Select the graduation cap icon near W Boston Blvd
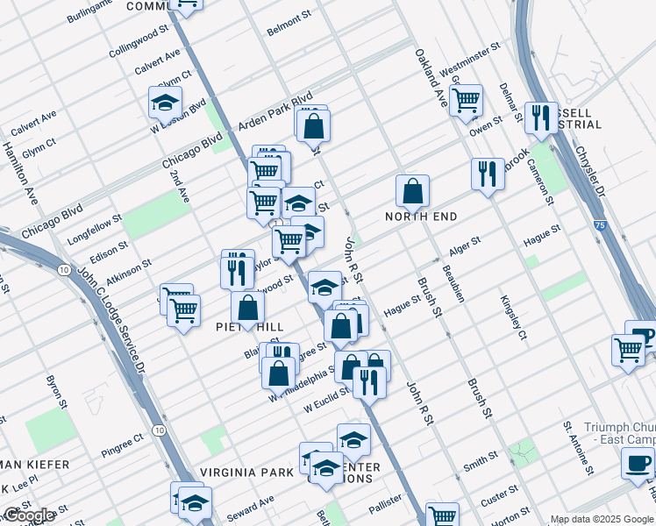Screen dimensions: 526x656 click(x=165, y=103)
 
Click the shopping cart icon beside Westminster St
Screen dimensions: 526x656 click(x=466, y=98)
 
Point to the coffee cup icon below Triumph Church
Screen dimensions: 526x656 click(x=638, y=463)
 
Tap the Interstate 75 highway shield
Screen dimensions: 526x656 click(x=599, y=225)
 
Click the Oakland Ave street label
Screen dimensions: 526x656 click(x=431, y=70)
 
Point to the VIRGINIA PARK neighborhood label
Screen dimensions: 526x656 click(x=246, y=472)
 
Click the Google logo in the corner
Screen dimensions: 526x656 click(x=29, y=515)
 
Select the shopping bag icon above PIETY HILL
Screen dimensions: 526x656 click(x=248, y=308)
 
